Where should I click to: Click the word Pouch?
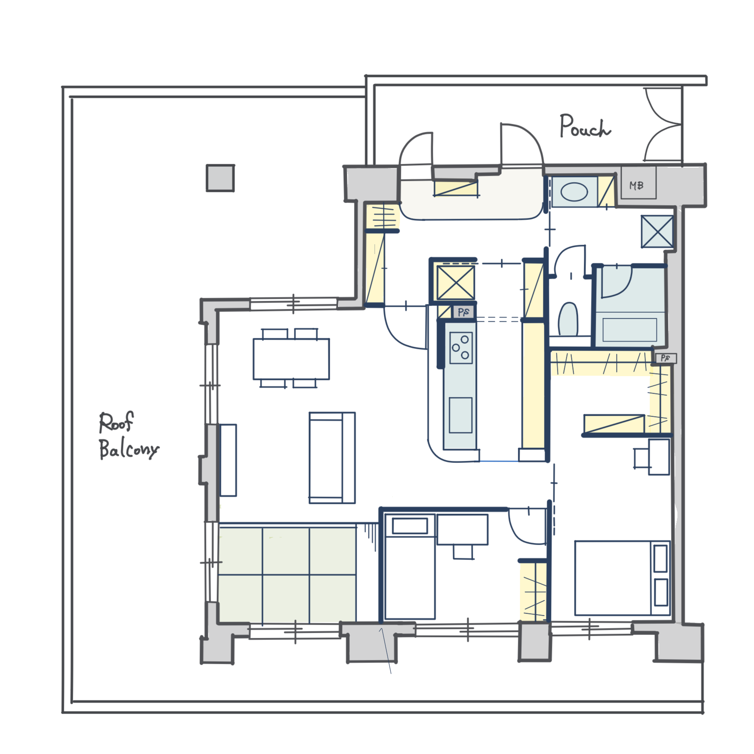coord(585,126)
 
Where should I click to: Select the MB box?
coord(638,183)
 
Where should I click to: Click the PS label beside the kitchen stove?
coord(463,312)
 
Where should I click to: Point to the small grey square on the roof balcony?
coord(220,178)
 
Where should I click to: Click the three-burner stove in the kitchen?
coord(461,348)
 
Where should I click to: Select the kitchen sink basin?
coord(460,415)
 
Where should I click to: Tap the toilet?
coord(568,319)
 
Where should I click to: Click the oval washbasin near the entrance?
coord(574,192)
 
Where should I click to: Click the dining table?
coord(291,359)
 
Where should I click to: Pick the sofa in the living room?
coord(332,458)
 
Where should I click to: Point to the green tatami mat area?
coord(287,575)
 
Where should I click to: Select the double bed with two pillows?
coord(623,578)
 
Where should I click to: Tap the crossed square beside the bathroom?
coord(657,231)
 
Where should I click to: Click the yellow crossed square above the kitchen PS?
coord(455,283)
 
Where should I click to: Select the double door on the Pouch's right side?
coord(663,124)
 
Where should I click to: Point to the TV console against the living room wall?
coord(228,460)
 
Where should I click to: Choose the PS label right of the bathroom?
coord(665,358)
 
